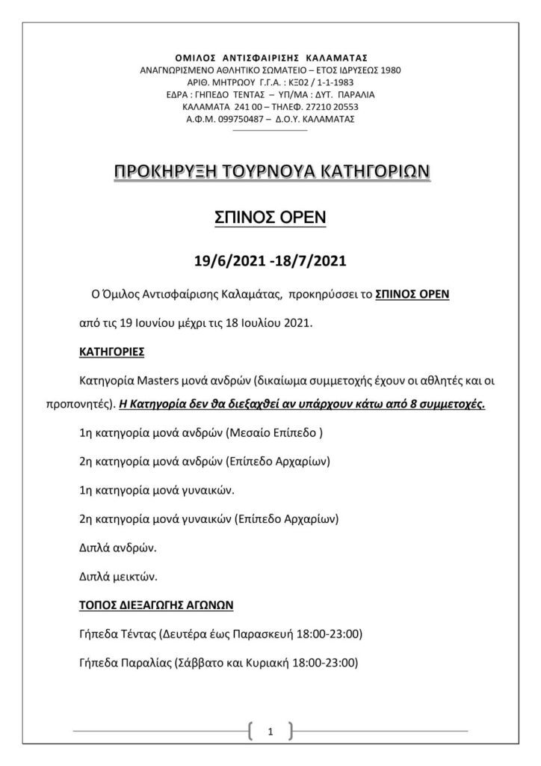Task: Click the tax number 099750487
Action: click(x=241, y=119)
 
